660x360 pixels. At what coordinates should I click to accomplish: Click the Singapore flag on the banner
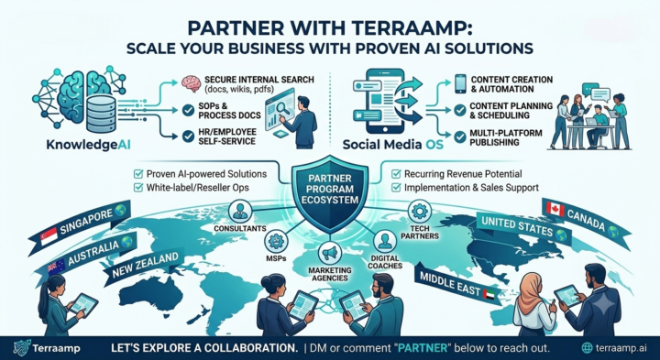click(x=49, y=237)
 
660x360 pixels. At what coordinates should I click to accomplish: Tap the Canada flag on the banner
click(x=555, y=209)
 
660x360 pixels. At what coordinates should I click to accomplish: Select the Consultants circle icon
click(x=240, y=211)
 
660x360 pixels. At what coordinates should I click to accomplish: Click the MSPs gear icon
click(x=276, y=242)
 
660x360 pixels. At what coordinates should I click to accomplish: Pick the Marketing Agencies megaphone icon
click(x=330, y=252)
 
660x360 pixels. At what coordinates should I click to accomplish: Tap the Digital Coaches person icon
click(x=385, y=241)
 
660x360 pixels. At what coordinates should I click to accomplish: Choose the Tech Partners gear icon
click(x=420, y=211)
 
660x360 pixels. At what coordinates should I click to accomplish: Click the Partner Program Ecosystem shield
click(x=330, y=193)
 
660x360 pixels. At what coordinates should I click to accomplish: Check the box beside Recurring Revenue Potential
click(x=396, y=174)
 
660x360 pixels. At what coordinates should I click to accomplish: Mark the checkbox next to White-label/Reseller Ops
click(x=138, y=187)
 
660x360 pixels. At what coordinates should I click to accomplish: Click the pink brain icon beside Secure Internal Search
click(x=191, y=83)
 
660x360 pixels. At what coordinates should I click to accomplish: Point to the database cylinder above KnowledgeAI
click(x=101, y=114)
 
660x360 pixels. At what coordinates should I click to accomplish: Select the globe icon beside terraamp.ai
click(x=587, y=348)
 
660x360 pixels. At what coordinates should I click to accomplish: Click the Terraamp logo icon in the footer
click(x=21, y=348)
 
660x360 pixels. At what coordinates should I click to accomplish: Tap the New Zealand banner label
click(x=145, y=266)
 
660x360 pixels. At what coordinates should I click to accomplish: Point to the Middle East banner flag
click(x=490, y=294)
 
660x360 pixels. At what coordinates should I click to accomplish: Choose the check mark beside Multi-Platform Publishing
click(x=460, y=136)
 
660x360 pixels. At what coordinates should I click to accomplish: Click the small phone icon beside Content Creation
click(x=460, y=83)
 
